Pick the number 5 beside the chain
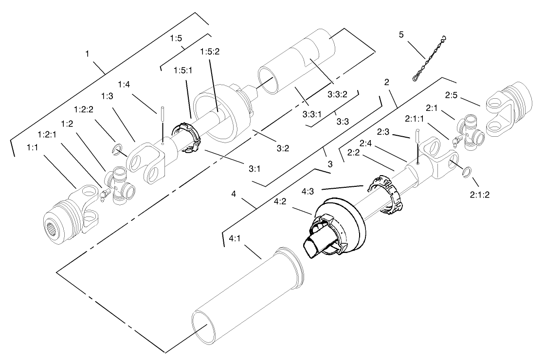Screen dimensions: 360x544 (401, 35)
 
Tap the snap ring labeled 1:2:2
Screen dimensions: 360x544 (117, 150)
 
